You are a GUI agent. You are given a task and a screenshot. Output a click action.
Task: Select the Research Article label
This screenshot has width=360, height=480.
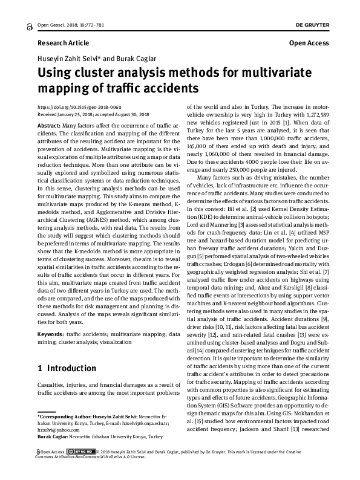63,44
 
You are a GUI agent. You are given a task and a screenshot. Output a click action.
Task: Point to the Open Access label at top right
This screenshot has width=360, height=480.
309,44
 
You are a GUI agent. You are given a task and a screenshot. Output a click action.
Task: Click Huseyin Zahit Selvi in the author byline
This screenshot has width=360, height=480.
68,59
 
